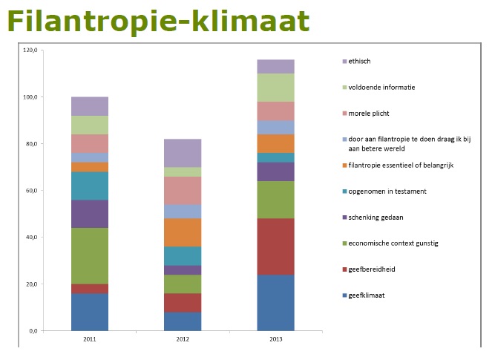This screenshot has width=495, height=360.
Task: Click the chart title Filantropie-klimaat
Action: (159, 22)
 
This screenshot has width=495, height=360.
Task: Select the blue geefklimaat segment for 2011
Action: (90, 312)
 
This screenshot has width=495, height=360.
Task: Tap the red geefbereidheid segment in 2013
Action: (275, 246)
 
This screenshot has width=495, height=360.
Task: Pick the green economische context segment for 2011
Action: (90, 256)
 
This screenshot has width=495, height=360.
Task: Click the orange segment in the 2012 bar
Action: (183, 232)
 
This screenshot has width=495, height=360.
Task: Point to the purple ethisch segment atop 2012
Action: (183, 153)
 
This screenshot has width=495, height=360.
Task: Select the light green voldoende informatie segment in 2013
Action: (275, 88)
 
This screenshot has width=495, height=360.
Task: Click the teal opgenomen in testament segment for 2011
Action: (90, 186)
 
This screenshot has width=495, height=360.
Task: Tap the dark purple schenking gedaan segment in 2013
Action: (275, 171)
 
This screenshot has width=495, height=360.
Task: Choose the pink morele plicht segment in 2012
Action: (183, 191)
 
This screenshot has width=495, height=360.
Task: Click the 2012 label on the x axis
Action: (183, 339)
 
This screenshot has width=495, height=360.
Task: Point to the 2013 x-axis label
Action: (276, 339)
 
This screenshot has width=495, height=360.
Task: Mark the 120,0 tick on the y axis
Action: (30, 50)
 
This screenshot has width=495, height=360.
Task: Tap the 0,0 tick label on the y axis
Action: (33, 331)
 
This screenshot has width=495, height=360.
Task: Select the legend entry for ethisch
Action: (356, 62)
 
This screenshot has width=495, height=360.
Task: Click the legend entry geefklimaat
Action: (364, 295)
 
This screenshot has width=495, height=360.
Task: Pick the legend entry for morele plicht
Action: (366, 114)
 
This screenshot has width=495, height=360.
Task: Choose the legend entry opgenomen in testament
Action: (384, 192)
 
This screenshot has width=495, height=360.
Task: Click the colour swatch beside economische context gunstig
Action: (345, 243)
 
